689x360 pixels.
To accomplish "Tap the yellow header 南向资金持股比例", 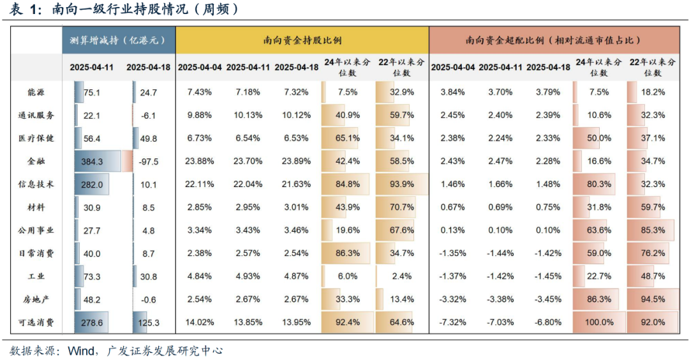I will [302, 40].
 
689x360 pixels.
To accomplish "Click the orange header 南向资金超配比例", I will [553, 40].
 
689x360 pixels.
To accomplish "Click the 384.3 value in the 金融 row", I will [93, 161].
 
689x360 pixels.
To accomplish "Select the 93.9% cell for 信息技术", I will [402, 184].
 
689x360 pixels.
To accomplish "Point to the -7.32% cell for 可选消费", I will [453, 322].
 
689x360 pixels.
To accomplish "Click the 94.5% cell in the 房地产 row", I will [653, 299].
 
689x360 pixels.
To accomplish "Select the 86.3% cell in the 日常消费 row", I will [348, 253].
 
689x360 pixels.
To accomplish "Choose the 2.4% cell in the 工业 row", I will [402, 276].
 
